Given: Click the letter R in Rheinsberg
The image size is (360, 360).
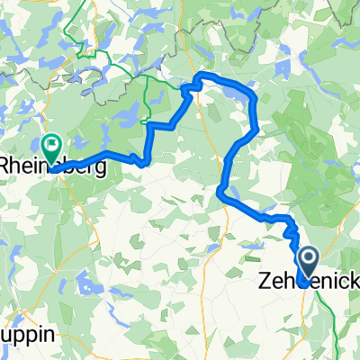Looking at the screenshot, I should click(x=6, y=166).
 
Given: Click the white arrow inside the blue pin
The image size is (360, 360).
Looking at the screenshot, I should click(x=308, y=260).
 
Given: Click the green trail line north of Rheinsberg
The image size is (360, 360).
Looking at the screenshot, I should click(x=85, y=54).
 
